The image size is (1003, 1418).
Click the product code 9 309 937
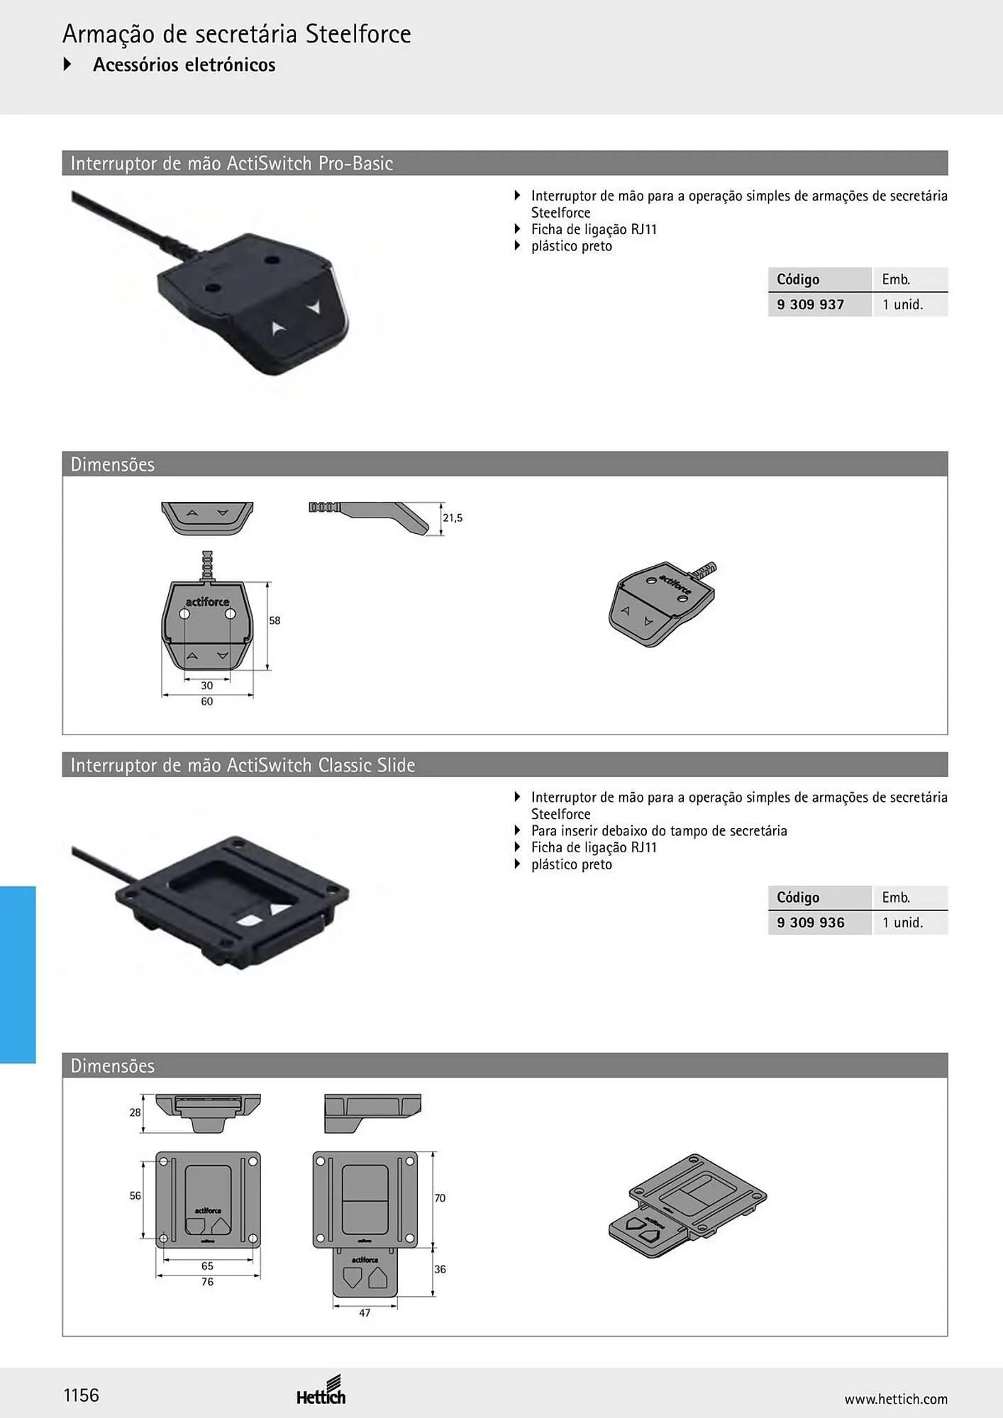(x=810, y=305)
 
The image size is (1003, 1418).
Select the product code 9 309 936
(x=810, y=922)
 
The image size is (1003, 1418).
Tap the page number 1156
(x=82, y=1395)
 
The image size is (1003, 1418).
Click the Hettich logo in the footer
(x=321, y=1391)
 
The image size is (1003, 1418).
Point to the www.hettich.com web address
(x=896, y=1399)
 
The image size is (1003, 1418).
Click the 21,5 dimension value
(x=453, y=518)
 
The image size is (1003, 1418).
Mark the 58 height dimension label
(x=275, y=620)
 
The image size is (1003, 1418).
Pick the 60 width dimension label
(x=206, y=701)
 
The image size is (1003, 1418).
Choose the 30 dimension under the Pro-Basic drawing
(x=206, y=686)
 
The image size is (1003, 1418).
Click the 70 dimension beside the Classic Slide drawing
(x=440, y=1198)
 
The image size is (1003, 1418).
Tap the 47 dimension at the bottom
(x=365, y=1313)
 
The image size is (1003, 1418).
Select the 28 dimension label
(x=135, y=1112)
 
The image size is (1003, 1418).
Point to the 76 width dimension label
(x=207, y=1282)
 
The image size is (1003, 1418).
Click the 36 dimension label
(x=440, y=1269)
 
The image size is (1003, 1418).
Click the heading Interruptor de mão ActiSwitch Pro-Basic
(x=231, y=164)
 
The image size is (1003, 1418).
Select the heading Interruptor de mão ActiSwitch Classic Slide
(x=243, y=765)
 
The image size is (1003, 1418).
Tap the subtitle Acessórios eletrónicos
(x=184, y=65)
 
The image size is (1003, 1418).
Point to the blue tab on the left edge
(x=18, y=974)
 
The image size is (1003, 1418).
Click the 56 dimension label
(x=135, y=1196)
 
